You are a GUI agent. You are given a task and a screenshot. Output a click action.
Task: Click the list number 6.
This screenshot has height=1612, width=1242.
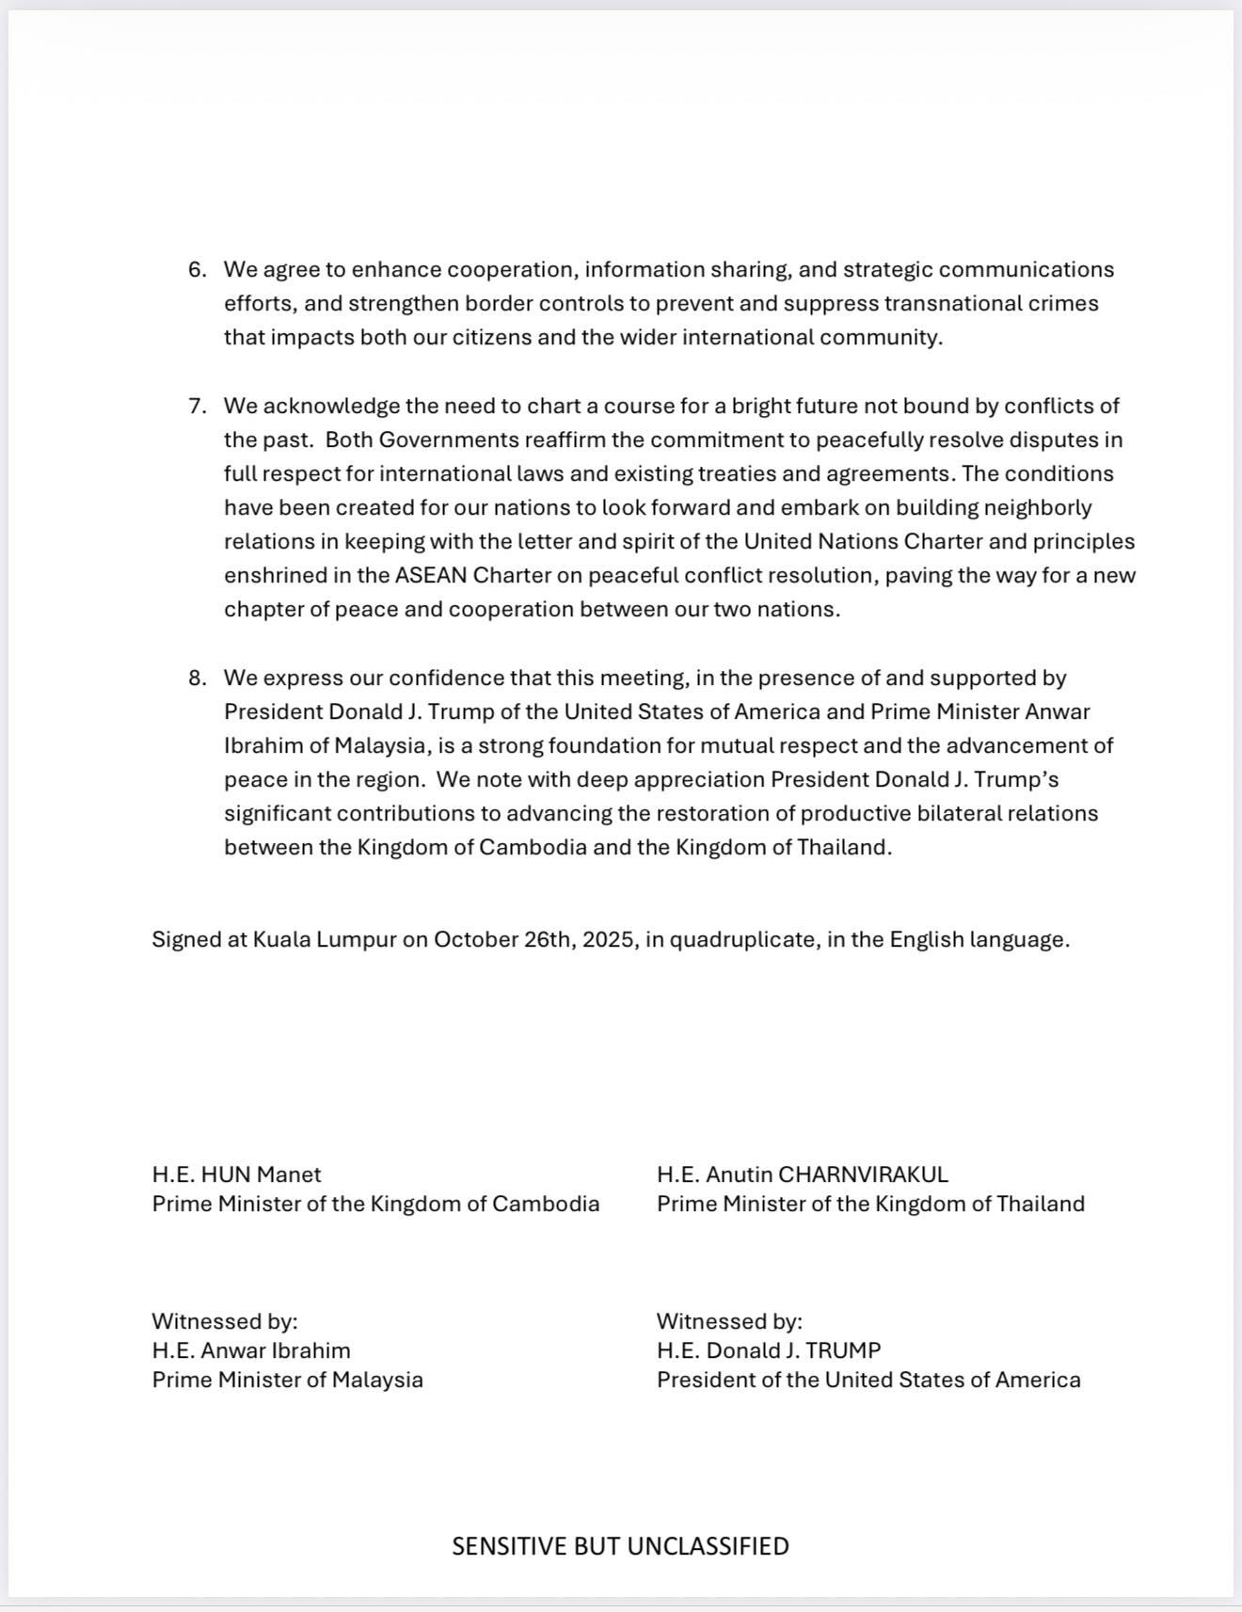[197, 270]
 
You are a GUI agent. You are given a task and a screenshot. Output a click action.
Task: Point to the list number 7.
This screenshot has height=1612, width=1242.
[197, 407]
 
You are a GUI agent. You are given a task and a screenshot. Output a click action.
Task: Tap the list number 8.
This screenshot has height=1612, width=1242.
[197, 678]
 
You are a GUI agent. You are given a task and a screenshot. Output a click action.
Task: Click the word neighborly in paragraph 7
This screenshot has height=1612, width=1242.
[1038, 508]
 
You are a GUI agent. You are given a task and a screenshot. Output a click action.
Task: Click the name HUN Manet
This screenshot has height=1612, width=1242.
[262, 1175]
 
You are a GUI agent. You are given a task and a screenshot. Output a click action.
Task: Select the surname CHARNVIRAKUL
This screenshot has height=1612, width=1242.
[863, 1175]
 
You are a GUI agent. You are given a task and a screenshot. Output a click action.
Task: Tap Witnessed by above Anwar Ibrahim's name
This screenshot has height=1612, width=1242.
[225, 1322]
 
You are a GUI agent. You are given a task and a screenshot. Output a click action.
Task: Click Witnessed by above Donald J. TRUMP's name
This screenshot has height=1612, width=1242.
[729, 1322]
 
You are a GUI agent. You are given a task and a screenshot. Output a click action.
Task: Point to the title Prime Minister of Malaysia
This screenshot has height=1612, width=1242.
[288, 1381]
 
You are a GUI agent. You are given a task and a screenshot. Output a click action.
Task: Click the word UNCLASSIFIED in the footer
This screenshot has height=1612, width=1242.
[708, 1547]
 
